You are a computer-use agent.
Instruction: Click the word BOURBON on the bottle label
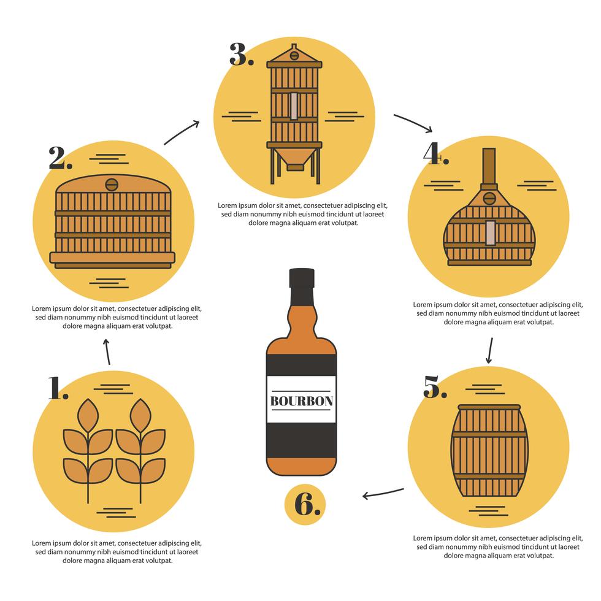301,401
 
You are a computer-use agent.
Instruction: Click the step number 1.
58,388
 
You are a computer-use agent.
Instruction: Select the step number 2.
60,158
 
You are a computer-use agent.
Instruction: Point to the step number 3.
241,55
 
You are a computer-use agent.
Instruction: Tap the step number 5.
435,387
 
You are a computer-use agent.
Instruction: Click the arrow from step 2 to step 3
182,132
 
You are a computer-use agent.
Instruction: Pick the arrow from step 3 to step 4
413,122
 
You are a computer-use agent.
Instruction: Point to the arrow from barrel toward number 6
383,492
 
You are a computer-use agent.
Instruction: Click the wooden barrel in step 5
489,451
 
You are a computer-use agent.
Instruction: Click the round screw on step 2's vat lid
111,184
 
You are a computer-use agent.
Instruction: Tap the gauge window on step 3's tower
294,105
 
